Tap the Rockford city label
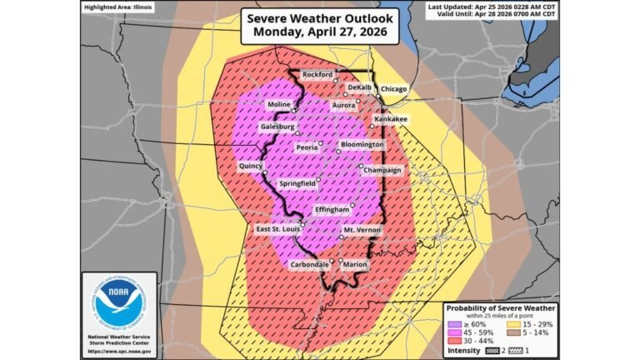(317, 74)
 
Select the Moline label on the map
(278, 105)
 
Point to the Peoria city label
(307, 147)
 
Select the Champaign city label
(382, 170)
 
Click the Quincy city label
(251, 166)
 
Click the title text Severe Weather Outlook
(320, 18)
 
